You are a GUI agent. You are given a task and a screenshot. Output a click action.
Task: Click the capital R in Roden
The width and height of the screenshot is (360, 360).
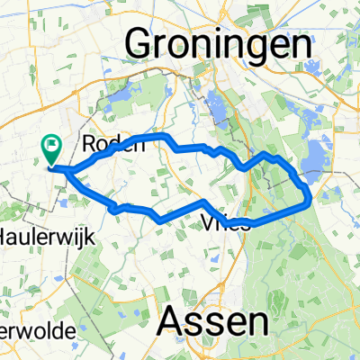click(88, 143)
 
